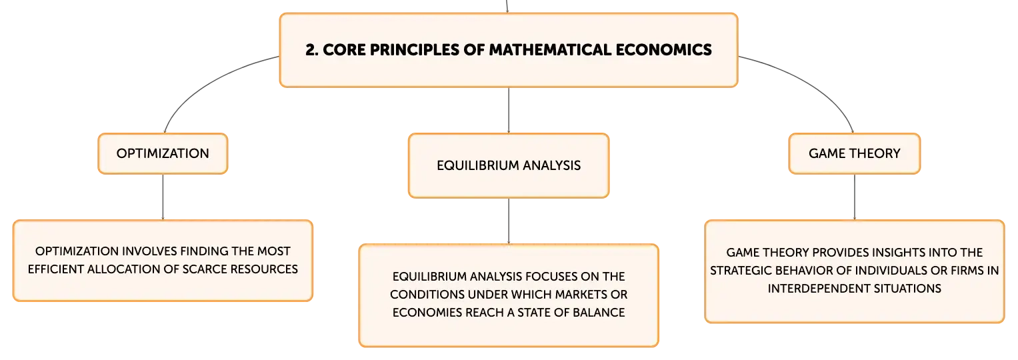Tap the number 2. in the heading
(x=312, y=49)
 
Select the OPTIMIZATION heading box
(x=163, y=153)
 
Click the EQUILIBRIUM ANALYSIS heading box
(x=509, y=165)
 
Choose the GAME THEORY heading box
(x=855, y=153)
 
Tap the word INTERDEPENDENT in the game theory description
(x=809, y=289)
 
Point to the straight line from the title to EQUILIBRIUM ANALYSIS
(x=509, y=110)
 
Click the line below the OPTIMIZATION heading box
(x=163, y=197)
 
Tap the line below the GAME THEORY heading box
(x=855, y=197)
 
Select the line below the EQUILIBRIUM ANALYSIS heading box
(x=509, y=221)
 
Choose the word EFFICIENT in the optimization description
(x=55, y=269)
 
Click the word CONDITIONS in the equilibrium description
(x=427, y=295)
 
